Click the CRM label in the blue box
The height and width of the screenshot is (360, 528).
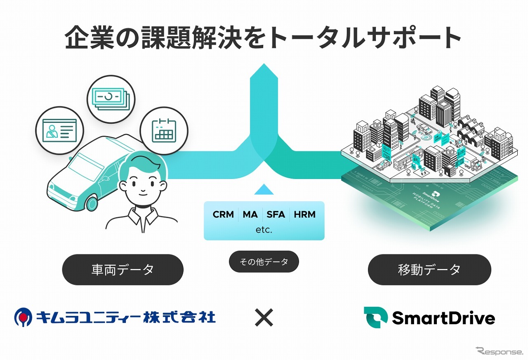pos(223,214)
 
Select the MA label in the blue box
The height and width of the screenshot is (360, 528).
pos(250,214)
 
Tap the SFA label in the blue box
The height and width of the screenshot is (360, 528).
pos(276,214)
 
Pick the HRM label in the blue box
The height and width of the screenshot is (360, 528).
pos(304,214)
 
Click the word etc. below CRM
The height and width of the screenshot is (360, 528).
pos(264,230)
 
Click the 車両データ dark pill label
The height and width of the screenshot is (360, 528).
pos(123,270)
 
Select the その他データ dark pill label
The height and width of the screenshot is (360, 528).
pos(264,261)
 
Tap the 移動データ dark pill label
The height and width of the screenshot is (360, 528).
pos(429,270)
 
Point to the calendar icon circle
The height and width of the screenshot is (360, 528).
pos(164,131)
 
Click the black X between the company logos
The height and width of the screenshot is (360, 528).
pos(264,318)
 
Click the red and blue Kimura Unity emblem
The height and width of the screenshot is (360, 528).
pos(24,317)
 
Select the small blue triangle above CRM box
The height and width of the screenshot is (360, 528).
pos(264,190)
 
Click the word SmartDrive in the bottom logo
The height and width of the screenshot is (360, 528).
pos(443,318)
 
